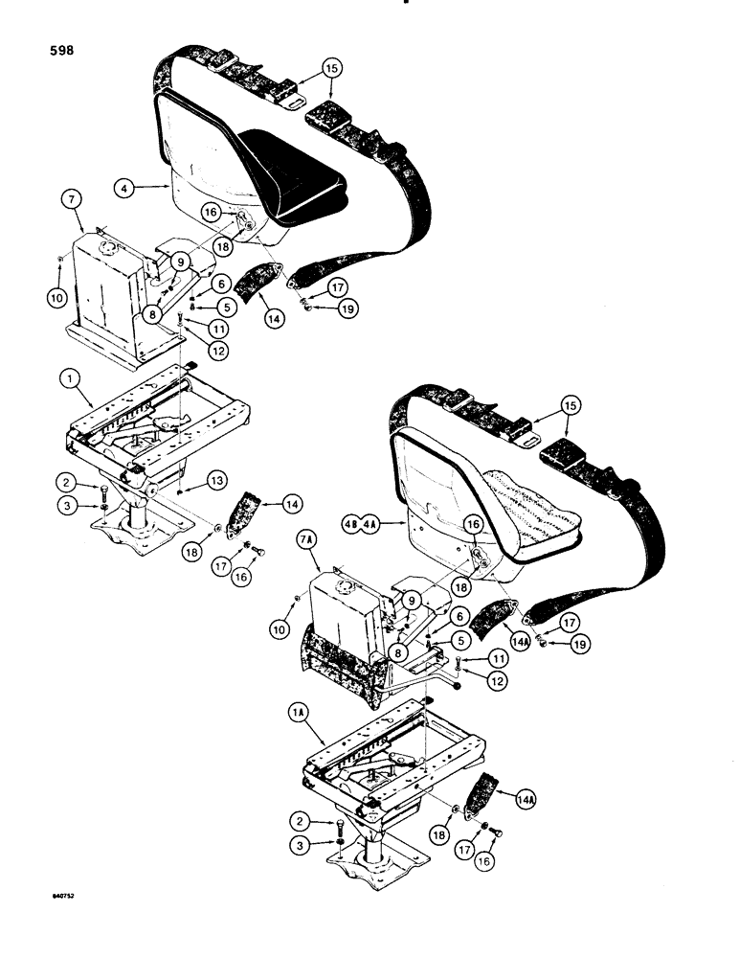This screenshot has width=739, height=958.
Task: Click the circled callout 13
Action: point(218,480)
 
